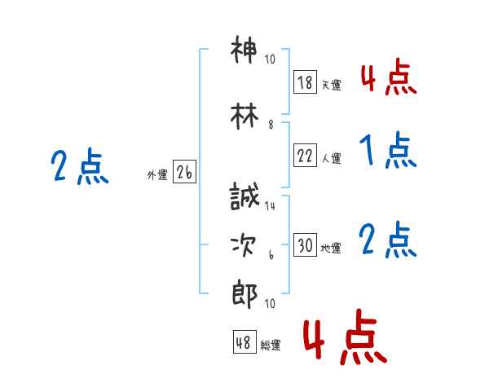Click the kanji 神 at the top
[244, 50]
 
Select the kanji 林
[244, 116]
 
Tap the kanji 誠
[244, 196]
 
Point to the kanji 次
[244, 245]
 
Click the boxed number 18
[305, 81]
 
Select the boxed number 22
[305, 155]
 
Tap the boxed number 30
[305, 244]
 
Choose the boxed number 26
[184, 172]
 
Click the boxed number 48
[244, 341]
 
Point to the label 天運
[332, 85]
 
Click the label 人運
[332, 158]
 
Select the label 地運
[331, 249]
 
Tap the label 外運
[157, 175]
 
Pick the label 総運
[271, 346]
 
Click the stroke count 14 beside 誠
[270, 206]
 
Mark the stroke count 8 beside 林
[271, 125]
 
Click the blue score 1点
[388, 150]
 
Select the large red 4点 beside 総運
[346, 337]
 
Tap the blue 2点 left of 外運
[80, 166]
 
